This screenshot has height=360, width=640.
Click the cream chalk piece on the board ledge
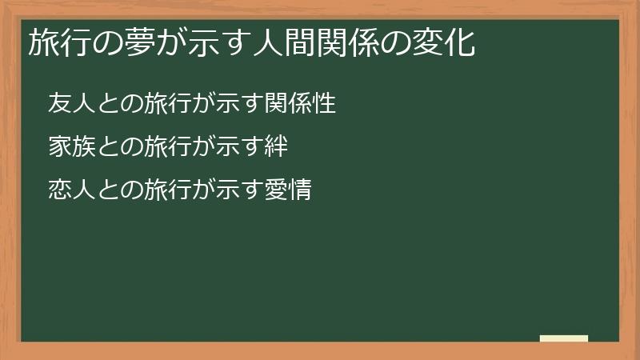pos(563,338)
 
